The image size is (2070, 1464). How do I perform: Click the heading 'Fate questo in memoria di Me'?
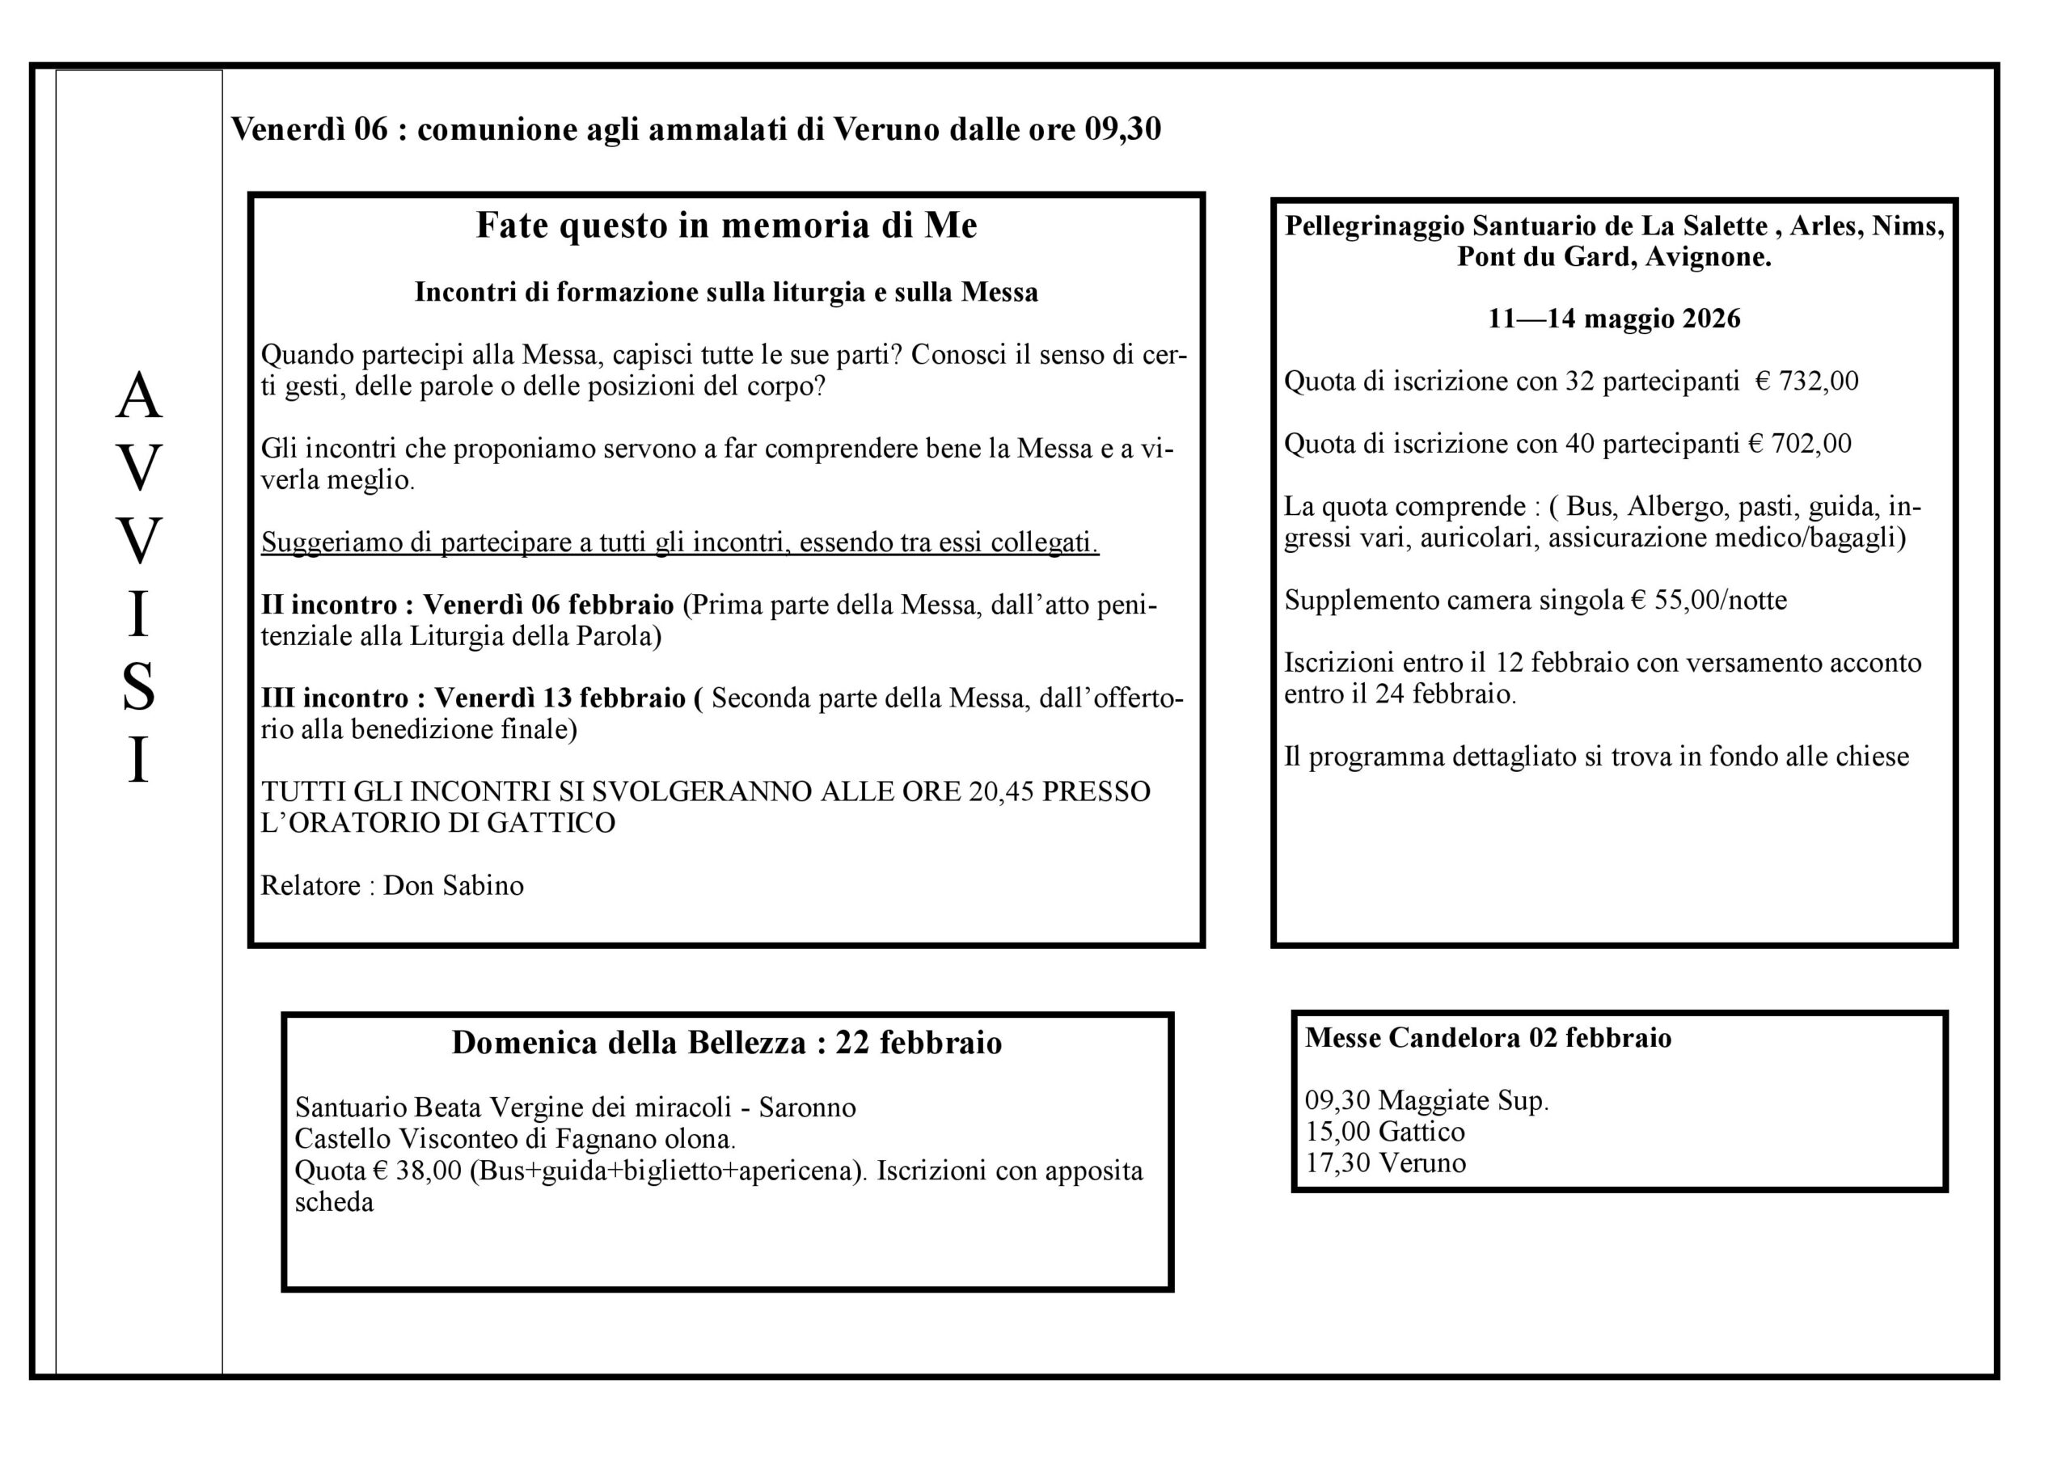click(726, 226)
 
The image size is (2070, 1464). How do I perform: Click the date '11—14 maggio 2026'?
click(1614, 319)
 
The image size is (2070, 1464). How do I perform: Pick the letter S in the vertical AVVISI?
click(138, 687)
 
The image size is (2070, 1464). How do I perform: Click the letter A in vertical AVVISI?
click(138, 397)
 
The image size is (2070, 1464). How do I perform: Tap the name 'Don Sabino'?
click(454, 885)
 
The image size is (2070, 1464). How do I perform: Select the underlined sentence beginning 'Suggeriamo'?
click(680, 542)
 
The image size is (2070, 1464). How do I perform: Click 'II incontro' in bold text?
click(329, 604)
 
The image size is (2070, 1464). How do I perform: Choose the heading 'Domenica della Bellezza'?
click(628, 1043)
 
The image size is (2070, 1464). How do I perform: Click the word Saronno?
click(807, 1107)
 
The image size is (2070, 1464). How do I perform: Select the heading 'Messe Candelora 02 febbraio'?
click(1488, 1038)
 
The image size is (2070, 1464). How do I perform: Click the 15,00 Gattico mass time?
click(1385, 1132)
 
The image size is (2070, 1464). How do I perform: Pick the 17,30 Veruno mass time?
click(1385, 1163)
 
